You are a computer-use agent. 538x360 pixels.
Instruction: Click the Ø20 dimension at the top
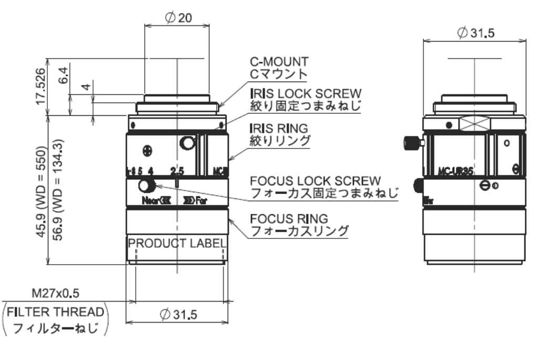(x=178, y=18)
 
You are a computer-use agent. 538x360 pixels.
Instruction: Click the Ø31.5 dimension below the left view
(x=178, y=314)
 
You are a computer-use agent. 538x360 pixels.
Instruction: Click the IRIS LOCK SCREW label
(x=307, y=93)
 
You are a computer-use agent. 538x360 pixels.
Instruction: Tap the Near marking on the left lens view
(x=149, y=200)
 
